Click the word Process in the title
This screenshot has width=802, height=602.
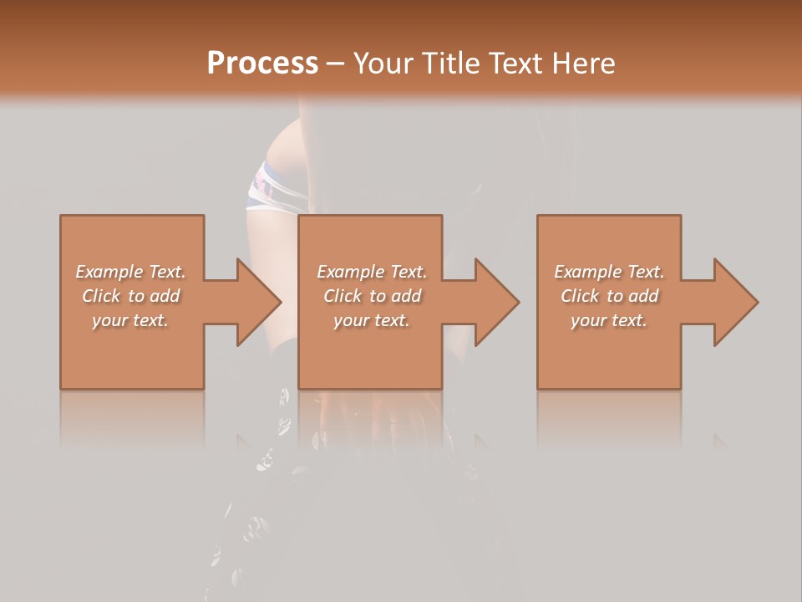pyautogui.click(x=262, y=64)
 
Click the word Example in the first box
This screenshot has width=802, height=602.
pyautogui.click(x=109, y=272)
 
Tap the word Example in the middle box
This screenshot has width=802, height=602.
pyautogui.click(x=349, y=272)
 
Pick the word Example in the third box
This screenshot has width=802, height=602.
pyautogui.click(x=587, y=272)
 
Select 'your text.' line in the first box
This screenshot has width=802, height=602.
pyautogui.click(x=130, y=320)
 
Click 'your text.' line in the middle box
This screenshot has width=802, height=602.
pyautogui.click(x=371, y=320)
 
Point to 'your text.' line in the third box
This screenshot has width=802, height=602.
pyautogui.click(x=609, y=320)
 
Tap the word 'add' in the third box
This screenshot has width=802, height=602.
pyautogui.click(x=643, y=296)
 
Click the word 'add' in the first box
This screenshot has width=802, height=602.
pyautogui.click(x=165, y=296)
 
